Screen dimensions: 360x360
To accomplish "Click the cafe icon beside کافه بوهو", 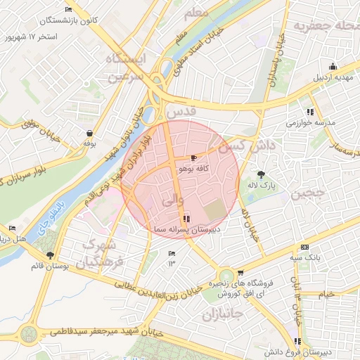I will pos(194,159).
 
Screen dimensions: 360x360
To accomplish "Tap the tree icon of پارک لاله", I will pos(262,174).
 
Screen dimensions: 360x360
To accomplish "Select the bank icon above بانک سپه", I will pos(304,247).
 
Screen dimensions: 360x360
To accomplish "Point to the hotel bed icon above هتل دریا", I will pos(12,229).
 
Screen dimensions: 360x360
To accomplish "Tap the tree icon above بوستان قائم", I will pos(49,256).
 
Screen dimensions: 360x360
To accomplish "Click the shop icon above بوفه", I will pos(89,133).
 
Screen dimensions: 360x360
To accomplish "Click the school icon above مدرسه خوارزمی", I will pos(309,112).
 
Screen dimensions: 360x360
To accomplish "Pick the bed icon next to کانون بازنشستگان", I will pos(67,9).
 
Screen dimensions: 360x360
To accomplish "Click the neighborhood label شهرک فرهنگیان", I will pos(103,253).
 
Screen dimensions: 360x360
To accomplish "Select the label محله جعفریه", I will pos(320,26).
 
